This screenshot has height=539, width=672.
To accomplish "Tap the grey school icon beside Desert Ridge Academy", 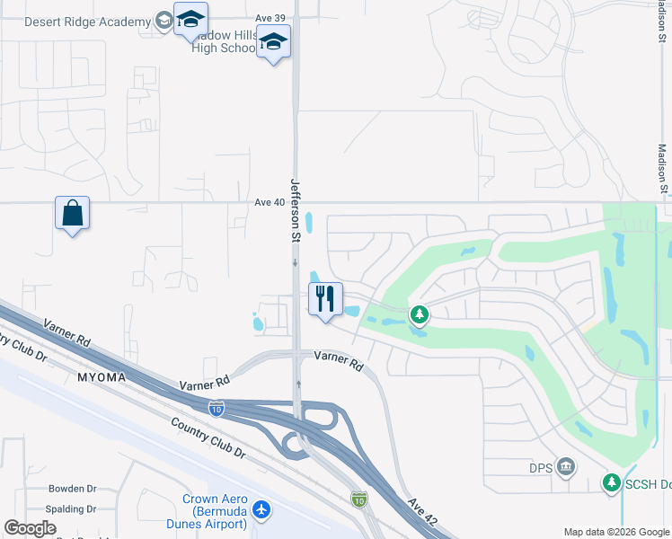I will pyautogui.click(x=163, y=21).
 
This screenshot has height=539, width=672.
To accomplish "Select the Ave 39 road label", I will pyautogui.click(x=270, y=18).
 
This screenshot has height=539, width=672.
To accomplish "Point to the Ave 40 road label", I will pyautogui.click(x=270, y=202).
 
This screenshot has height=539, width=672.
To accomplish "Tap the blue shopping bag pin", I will pyautogui.click(x=72, y=214).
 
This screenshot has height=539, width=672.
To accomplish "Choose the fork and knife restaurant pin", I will pyautogui.click(x=325, y=298).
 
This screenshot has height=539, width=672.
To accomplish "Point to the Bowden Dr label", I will pyautogui.click(x=73, y=489).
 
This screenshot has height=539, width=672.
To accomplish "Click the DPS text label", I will pyautogui.click(x=540, y=466).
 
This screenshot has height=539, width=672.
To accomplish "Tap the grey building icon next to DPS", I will pyautogui.click(x=565, y=465).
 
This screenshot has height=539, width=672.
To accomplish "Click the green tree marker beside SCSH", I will pyautogui.click(x=611, y=483).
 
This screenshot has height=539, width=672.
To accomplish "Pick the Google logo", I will pyautogui.click(x=30, y=528).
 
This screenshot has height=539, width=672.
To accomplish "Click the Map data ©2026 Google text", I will pyautogui.click(x=615, y=532).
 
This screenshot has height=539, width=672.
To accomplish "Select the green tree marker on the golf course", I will pyautogui.click(x=419, y=314).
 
